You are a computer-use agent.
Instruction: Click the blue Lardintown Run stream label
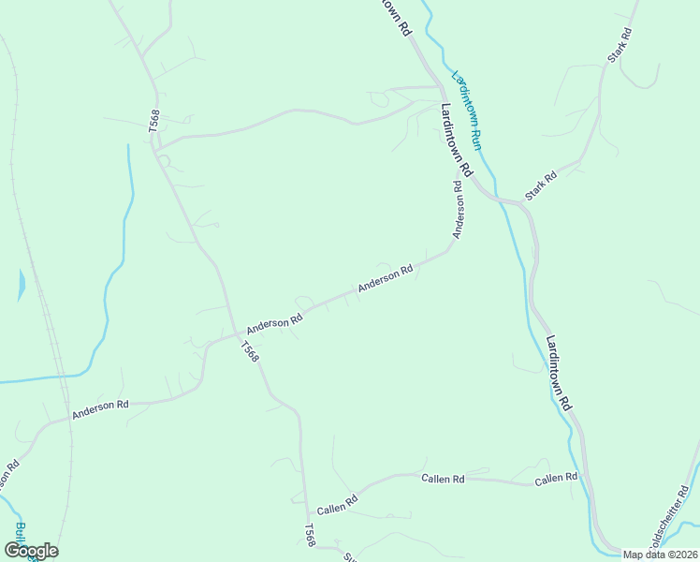(x=466, y=111)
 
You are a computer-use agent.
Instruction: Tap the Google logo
(x=31, y=551)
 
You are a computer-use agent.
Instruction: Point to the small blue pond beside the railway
(x=22, y=285)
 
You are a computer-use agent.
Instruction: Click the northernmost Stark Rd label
(x=620, y=45)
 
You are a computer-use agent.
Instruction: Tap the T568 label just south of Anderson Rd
(x=248, y=352)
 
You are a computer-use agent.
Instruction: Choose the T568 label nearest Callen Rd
(x=309, y=536)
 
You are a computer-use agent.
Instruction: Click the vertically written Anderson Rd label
(x=458, y=210)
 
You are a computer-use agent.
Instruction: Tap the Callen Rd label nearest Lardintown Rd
(x=556, y=479)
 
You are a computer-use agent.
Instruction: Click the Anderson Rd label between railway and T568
(x=99, y=408)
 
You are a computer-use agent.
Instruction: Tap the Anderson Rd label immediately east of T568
(x=274, y=323)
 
